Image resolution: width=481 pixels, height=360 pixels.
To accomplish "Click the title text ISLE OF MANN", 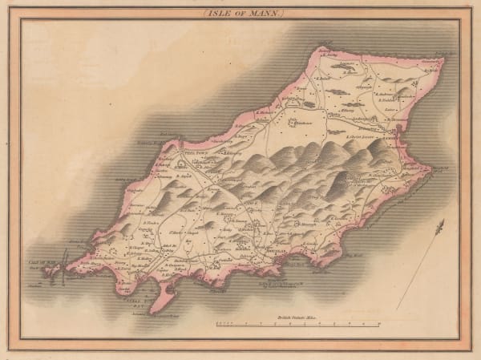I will tap(240, 14).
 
